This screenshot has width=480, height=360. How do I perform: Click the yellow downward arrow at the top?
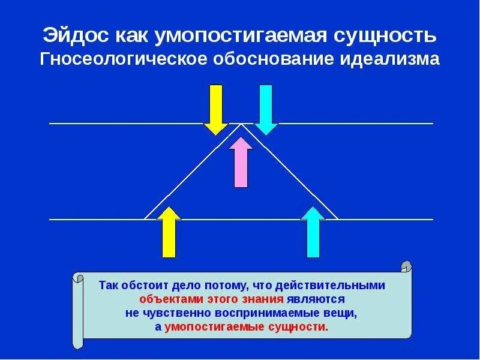point(215,108)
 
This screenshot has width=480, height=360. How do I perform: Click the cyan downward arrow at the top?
point(266,108)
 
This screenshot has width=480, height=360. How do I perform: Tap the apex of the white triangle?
point(242,124)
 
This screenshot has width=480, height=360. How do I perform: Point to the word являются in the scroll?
point(316,299)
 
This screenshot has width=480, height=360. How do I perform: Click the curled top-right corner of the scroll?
point(406,266)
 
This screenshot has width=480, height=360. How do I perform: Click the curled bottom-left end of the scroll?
point(77,343)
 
